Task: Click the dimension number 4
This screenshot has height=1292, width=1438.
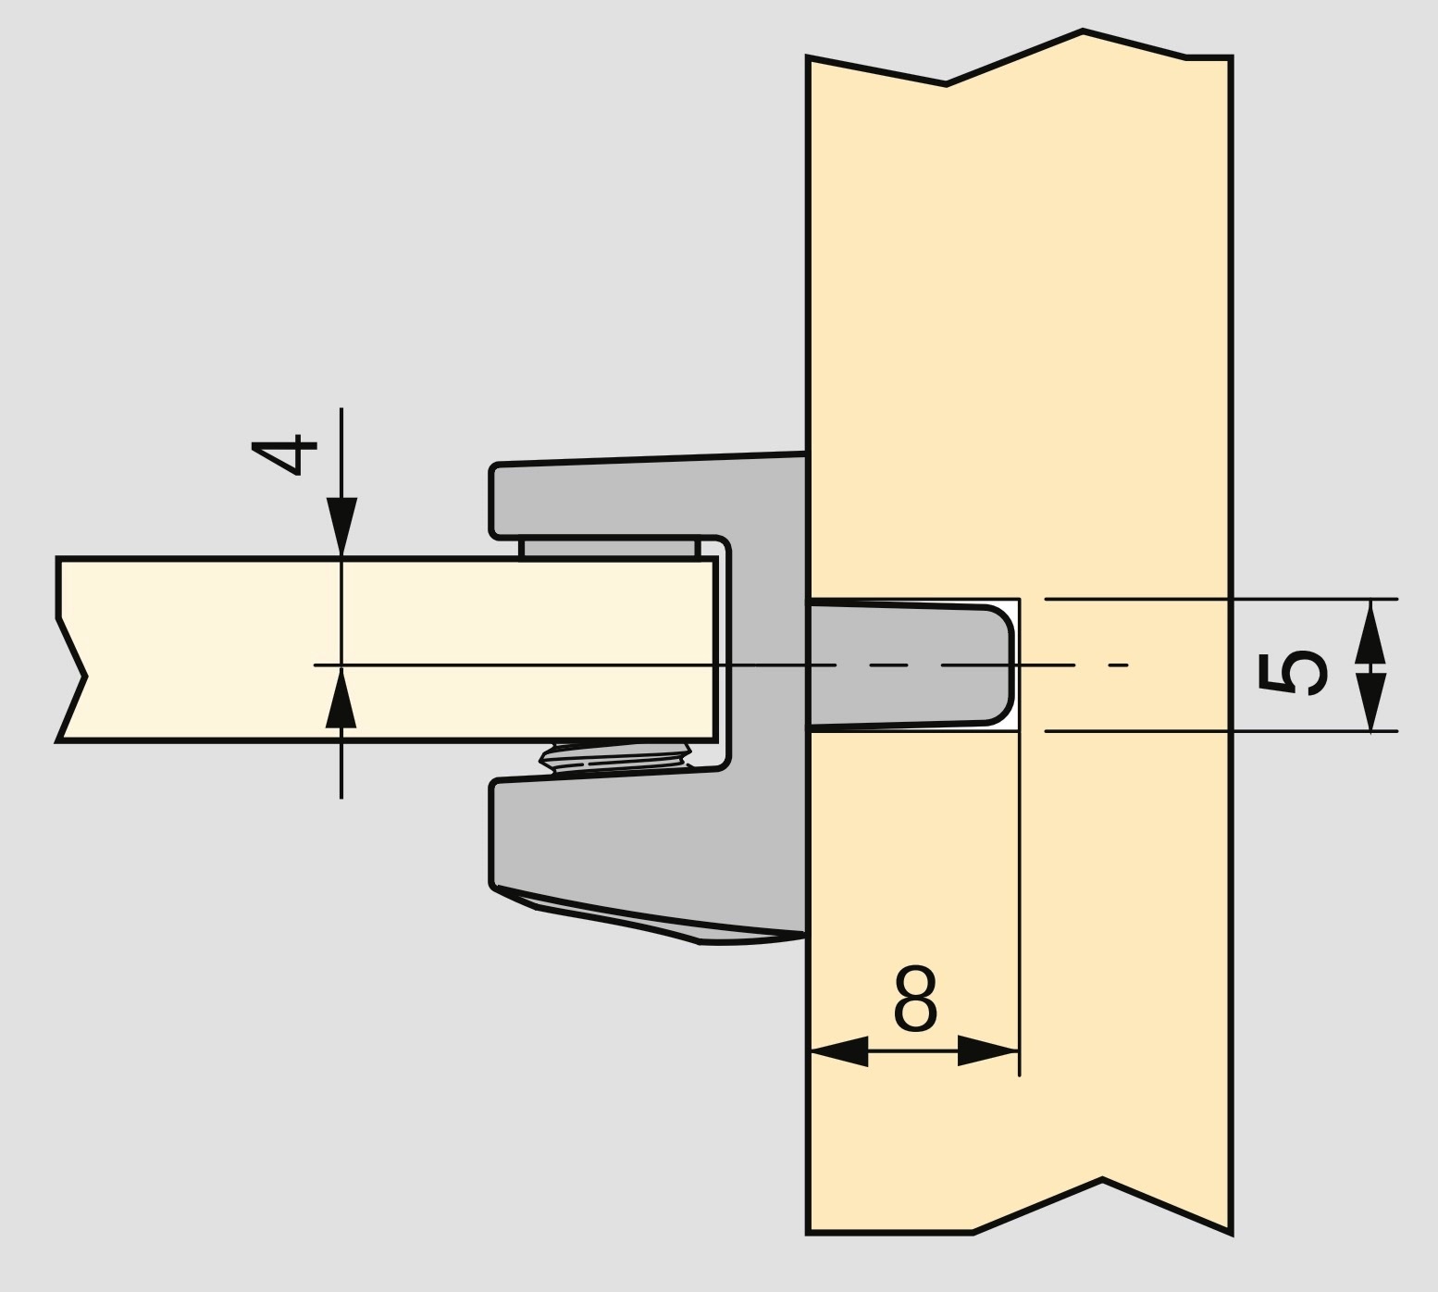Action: click(285, 453)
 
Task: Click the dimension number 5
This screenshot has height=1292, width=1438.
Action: click(1292, 673)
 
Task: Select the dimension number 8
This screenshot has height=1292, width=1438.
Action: click(915, 1000)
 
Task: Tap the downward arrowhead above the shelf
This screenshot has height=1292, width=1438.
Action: click(341, 526)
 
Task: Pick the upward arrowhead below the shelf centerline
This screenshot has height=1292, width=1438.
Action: click(341, 700)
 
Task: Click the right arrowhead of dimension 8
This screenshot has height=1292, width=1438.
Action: click(986, 1050)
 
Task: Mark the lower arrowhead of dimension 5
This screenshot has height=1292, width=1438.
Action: click(1370, 701)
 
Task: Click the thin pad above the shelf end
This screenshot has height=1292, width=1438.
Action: click(609, 549)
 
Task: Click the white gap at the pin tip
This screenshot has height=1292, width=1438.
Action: click(1015, 665)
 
